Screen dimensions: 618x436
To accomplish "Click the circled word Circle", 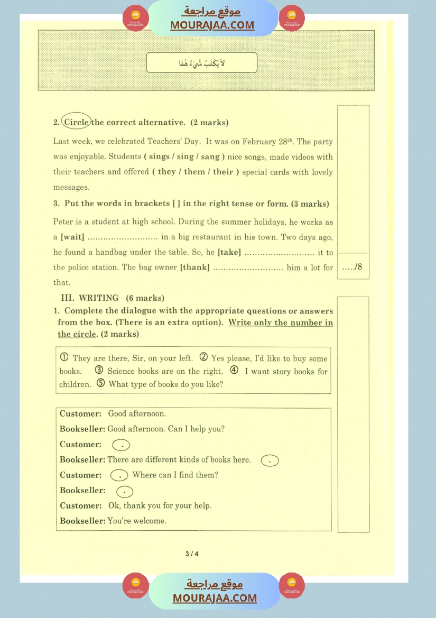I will click(x=76, y=122).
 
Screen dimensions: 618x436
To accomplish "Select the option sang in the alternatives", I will click(x=213, y=156).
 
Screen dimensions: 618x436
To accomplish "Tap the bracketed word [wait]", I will click(x=72, y=237).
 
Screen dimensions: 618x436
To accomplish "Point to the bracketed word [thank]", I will click(x=194, y=268).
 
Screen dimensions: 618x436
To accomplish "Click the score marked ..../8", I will click(x=352, y=267).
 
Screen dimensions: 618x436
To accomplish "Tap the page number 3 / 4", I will click(x=192, y=554).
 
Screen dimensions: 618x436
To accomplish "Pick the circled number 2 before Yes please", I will click(x=203, y=358).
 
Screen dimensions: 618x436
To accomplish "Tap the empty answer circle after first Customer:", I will click(x=122, y=445).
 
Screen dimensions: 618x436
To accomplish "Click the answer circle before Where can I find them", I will click(x=119, y=475).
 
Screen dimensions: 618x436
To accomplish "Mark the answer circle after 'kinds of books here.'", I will click(x=270, y=460).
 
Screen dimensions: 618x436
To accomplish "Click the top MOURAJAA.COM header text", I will click(x=212, y=25).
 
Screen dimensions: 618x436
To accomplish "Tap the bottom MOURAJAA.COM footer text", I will click(x=215, y=598).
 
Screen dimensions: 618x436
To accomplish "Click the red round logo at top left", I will click(x=136, y=18).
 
